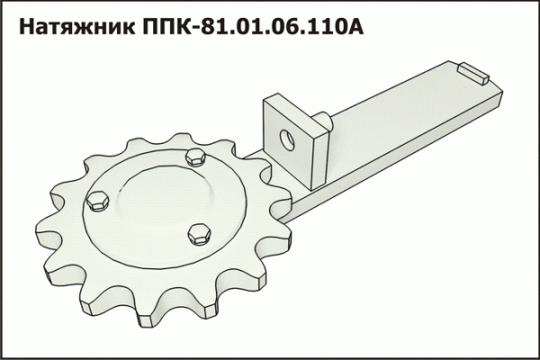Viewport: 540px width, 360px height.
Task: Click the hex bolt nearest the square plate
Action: coord(193,158)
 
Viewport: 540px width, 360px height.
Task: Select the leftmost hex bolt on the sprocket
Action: coord(96,200)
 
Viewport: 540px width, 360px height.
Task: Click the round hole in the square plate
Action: coord(287,139)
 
